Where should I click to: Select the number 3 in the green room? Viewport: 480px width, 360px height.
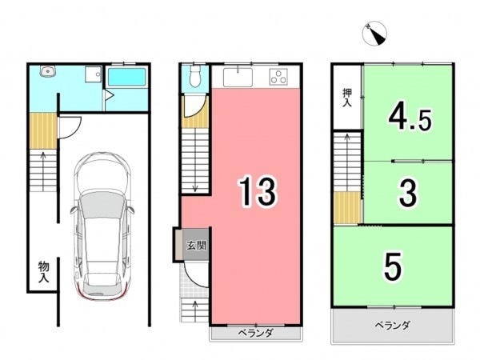pos(406,192)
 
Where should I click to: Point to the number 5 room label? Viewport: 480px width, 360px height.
pos(392,266)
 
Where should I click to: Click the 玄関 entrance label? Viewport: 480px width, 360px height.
pos(197,246)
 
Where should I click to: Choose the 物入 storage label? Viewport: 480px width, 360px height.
pos(43,272)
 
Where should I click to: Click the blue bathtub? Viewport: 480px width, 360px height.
pos(126,78)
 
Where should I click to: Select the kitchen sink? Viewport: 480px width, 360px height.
pos(238,78)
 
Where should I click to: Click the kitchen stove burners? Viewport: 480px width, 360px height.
pos(279,78)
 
